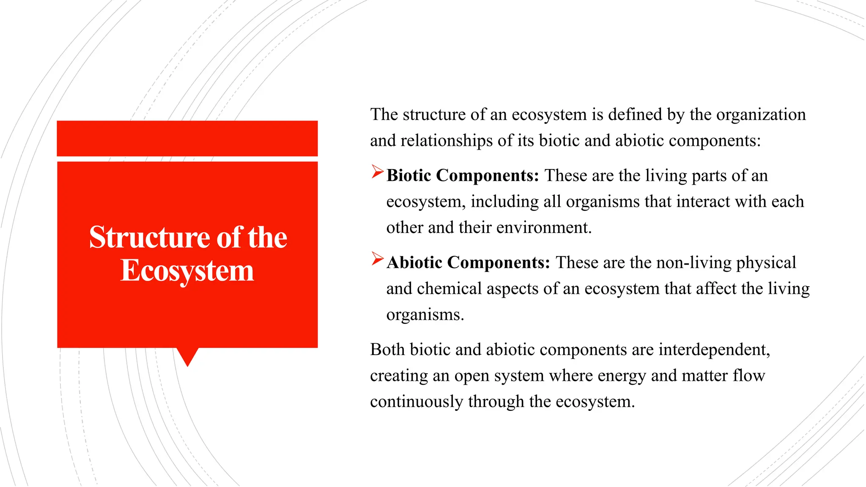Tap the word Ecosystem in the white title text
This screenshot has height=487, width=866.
[x=187, y=271]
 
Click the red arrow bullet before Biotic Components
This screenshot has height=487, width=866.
[x=377, y=172]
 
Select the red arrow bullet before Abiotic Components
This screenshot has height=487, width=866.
[x=377, y=259]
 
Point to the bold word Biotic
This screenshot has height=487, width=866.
[x=408, y=175]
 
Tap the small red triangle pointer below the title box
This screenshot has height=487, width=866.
[x=187, y=356]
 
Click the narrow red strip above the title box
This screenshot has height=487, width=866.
[x=187, y=138]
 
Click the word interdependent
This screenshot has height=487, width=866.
[x=714, y=350]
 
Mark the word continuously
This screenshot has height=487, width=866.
[x=417, y=402]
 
